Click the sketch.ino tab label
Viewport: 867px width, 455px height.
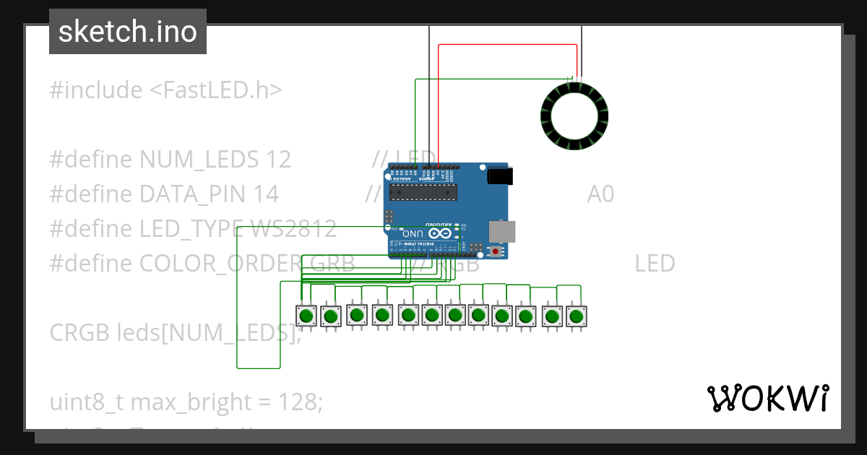coord(128,32)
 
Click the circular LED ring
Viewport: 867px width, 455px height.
coord(574,116)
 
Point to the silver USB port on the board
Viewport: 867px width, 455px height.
coord(503,231)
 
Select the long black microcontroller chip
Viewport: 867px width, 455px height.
coord(423,191)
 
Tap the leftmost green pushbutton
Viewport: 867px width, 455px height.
coord(306,316)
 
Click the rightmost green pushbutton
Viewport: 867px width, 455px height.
coord(576,316)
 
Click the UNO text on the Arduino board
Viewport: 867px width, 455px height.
coord(413,233)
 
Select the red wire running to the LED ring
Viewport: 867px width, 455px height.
coord(506,45)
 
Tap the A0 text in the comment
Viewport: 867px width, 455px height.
coord(600,194)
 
